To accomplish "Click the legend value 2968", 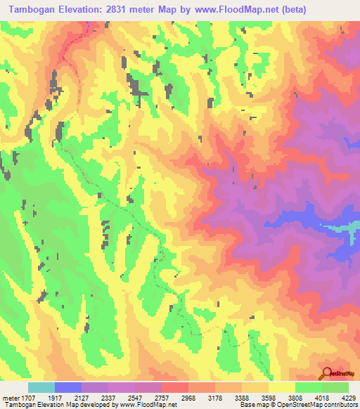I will click(x=188, y=398).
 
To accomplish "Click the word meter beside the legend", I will click(x=8, y=398).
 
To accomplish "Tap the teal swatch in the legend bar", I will click(x=41, y=387).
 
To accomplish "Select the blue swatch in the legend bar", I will click(x=68, y=387).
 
